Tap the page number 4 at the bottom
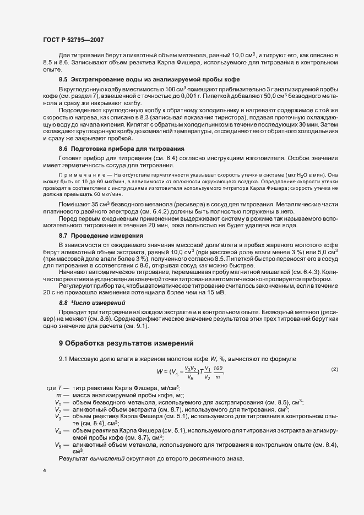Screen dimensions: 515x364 [x=45, y=471]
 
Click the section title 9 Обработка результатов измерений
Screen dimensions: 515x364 [x=126, y=343]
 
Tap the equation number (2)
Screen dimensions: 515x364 [x=334, y=369]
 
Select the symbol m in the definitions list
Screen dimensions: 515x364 [x=58, y=396]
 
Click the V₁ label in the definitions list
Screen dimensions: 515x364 [x=58, y=403]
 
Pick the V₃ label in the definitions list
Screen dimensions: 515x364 [x=58, y=417]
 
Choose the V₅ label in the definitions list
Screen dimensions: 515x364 [x=58, y=445]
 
